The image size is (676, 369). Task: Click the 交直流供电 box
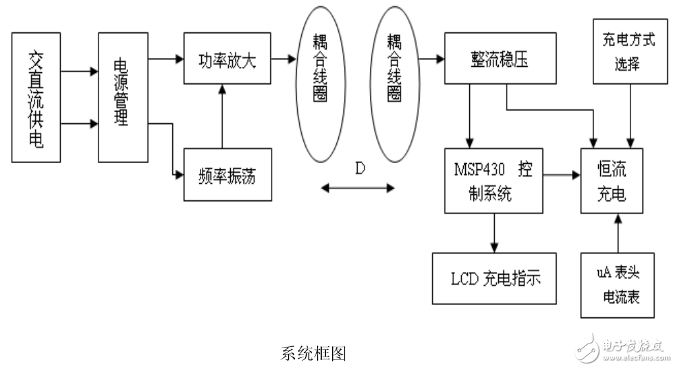[37, 96]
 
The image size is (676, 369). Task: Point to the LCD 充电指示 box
[494, 278]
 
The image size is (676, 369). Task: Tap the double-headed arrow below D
[359, 186]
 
